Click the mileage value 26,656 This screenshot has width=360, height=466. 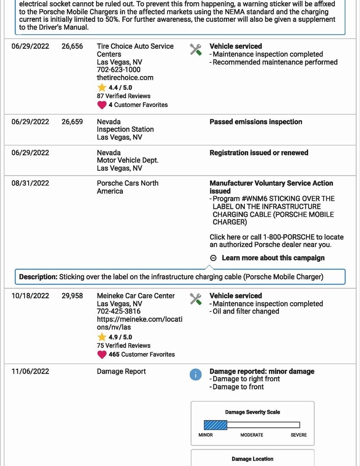(72, 46)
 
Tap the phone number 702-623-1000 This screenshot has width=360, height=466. (118, 70)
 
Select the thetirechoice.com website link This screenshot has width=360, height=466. (125, 77)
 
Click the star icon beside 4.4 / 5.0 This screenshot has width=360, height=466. (102, 87)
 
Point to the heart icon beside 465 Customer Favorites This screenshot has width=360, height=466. (102, 355)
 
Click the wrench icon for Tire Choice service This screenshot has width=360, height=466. (196, 50)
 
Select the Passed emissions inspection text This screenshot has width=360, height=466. (256, 122)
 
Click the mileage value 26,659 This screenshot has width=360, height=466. (72, 122)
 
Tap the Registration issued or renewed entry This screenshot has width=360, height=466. (259, 152)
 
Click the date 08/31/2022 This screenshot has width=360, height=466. (30, 183)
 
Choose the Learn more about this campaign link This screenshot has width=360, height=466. (273, 258)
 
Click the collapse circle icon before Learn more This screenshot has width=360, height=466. (213, 258)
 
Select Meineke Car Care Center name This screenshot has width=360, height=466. (136, 295)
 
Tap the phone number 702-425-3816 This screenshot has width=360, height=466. (118, 311)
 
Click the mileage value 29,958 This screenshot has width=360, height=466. (72, 295)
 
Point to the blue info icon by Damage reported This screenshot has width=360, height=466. (195, 375)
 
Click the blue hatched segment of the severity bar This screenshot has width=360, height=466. (215, 425)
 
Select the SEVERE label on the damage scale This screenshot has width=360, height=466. (299, 435)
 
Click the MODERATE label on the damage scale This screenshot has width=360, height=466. (252, 435)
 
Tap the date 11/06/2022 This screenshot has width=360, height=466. (30, 371)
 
